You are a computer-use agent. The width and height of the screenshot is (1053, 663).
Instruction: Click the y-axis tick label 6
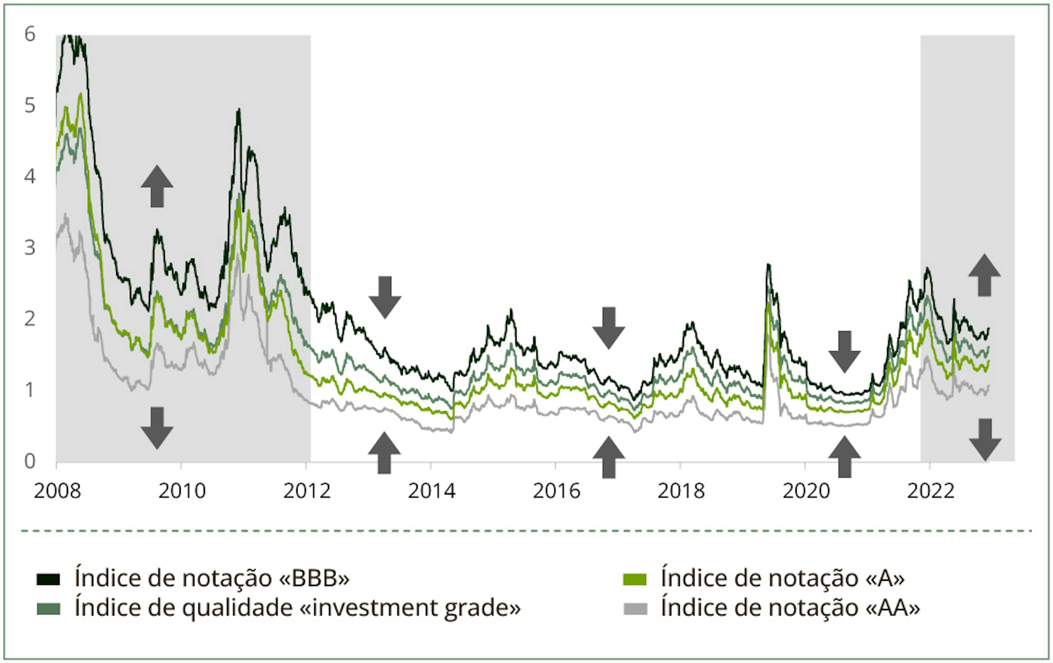30,34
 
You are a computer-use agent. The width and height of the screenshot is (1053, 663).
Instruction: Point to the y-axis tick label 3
30,248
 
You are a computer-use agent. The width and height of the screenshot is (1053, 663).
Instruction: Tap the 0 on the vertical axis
30,461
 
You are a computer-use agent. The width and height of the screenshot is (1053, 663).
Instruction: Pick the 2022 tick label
930,491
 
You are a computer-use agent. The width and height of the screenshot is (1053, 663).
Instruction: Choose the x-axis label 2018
681,491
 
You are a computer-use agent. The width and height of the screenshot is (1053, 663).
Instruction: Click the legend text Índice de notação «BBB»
212,578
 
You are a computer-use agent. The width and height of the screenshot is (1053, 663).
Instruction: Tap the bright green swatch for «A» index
635,579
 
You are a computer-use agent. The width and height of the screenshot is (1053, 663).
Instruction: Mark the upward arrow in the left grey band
157,186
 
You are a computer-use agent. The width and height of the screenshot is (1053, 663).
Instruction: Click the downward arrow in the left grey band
157,428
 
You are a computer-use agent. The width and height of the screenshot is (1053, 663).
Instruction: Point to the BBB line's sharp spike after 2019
768,265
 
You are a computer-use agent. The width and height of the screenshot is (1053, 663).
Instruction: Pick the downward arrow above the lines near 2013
385,297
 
